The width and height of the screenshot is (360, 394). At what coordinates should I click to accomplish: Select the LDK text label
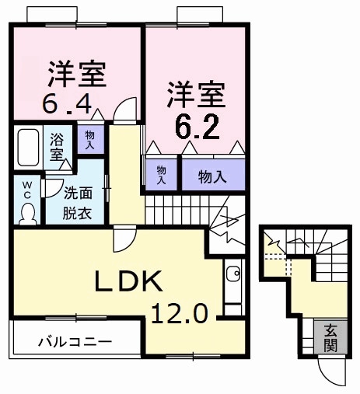(128, 281)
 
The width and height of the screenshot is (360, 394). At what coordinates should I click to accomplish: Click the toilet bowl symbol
(28, 211)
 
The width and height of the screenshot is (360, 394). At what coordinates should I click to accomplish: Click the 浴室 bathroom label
(58, 147)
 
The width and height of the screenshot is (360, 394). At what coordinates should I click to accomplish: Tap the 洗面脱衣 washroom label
(77, 204)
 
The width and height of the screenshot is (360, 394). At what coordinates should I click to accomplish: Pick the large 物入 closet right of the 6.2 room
(212, 176)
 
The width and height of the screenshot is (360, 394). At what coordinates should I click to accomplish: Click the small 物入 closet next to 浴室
(89, 140)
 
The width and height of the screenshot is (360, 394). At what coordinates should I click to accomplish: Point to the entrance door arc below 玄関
(334, 374)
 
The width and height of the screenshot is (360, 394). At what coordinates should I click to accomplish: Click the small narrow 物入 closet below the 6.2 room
(161, 173)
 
